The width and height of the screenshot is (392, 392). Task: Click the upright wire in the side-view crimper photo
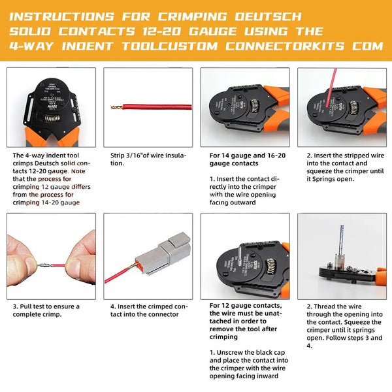pos(340,235)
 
